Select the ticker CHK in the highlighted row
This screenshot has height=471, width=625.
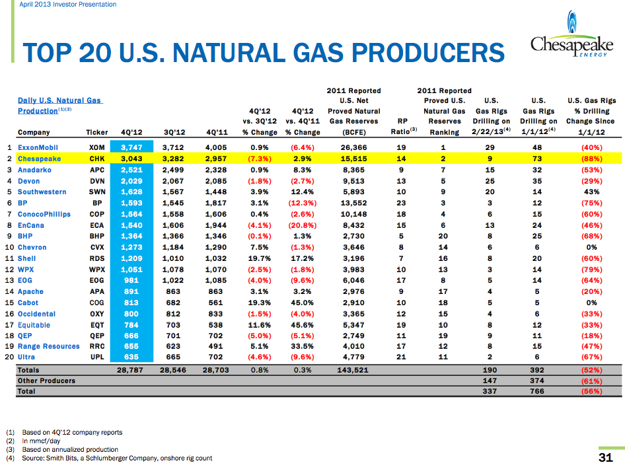(x=97, y=159)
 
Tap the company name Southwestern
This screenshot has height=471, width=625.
(x=42, y=192)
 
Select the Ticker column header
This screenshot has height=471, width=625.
(x=97, y=132)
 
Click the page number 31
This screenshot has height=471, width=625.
(x=605, y=458)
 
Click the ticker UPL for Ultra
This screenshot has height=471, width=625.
(x=97, y=357)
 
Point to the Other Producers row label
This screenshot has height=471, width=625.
(x=46, y=381)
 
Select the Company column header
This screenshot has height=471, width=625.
(x=34, y=132)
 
